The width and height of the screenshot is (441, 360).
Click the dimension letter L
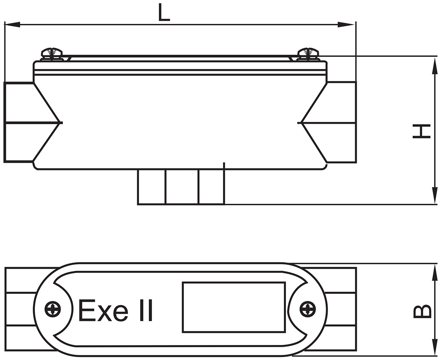coord(164,12)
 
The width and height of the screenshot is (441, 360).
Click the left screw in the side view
coord(52,53)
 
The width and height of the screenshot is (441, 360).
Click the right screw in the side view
coord(308,53)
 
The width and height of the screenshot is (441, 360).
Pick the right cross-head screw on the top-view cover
coord(308,309)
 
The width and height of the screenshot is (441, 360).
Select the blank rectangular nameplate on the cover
coord(234,307)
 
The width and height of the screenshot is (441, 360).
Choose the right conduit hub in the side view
coord(341,122)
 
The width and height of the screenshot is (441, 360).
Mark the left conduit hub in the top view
coord(20,309)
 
